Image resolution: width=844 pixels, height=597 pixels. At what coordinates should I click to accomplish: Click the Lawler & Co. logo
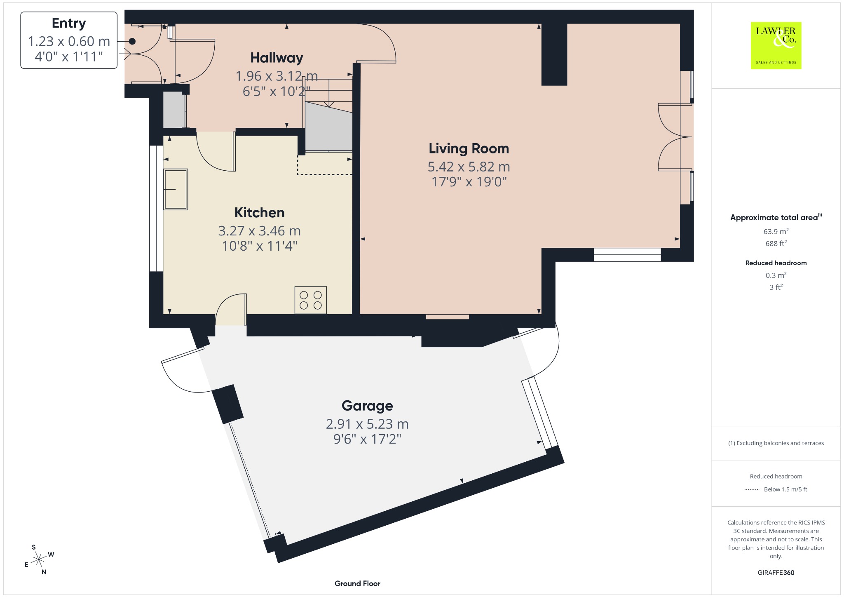pyautogui.click(x=776, y=45)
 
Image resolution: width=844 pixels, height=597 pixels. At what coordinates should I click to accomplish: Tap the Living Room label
pyautogui.click(x=469, y=148)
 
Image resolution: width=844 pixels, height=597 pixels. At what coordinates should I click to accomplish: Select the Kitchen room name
pyautogui.click(x=260, y=212)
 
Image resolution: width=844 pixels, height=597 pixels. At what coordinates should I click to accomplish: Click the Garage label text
pyautogui.click(x=367, y=406)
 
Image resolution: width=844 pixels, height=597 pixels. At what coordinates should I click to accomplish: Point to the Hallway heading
pyautogui.click(x=277, y=58)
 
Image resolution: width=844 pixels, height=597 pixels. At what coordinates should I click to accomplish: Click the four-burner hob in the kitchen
pyautogui.click(x=311, y=300)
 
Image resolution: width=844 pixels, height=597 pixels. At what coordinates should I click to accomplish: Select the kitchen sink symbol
pyautogui.click(x=176, y=189)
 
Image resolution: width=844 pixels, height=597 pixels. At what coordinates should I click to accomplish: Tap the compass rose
pyautogui.click(x=39, y=559)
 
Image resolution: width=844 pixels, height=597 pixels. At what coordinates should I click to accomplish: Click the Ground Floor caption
pyautogui.click(x=357, y=583)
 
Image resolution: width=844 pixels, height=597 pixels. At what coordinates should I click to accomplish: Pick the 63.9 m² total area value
pyautogui.click(x=776, y=231)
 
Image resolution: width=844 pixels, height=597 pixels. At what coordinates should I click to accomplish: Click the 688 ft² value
pyautogui.click(x=776, y=243)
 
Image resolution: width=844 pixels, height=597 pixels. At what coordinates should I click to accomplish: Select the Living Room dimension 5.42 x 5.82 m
pyautogui.click(x=469, y=167)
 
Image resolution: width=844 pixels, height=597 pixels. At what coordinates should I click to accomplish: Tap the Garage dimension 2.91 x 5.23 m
pyautogui.click(x=367, y=424)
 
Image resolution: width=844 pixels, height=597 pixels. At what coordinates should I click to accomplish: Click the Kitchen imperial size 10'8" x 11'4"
pyautogui.click(x=260, y=246)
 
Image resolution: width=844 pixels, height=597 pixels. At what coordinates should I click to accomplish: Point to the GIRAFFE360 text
pyautogui.click(x=776, y=573)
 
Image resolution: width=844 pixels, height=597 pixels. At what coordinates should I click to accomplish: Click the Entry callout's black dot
pyautogui.click(x=132, y=41)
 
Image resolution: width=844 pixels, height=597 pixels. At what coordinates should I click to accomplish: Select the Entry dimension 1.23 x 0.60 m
pyautogui.click(x=69, y=41)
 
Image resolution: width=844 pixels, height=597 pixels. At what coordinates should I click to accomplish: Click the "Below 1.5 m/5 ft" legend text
pyautogui.click(x=785, y=489)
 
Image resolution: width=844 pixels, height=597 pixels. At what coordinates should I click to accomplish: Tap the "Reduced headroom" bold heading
pyautogui.click(x=776, y=263)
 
